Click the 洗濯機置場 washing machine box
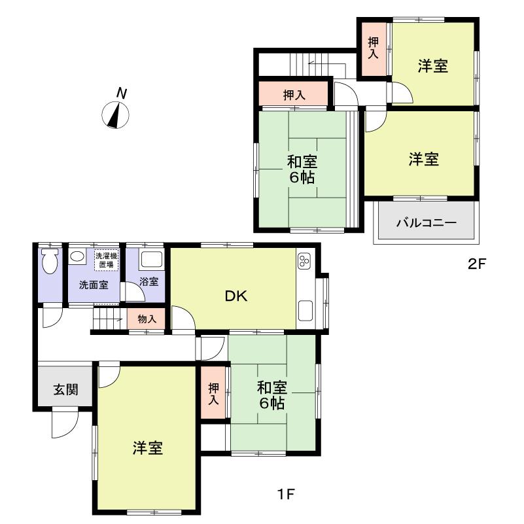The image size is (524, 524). click(107, 259)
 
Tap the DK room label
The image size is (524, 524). click(236, 296)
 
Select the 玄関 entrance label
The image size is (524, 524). click(65, 390)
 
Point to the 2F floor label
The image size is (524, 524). click(476, 265)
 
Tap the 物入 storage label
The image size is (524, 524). click(147, 319)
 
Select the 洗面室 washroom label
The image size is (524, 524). click(94, 285)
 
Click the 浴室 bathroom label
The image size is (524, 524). click(150, 282)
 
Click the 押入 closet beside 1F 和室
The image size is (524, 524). click(214, 394)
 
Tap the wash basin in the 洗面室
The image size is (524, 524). click(77, 258)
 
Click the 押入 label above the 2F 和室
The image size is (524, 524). click(294, 96)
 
